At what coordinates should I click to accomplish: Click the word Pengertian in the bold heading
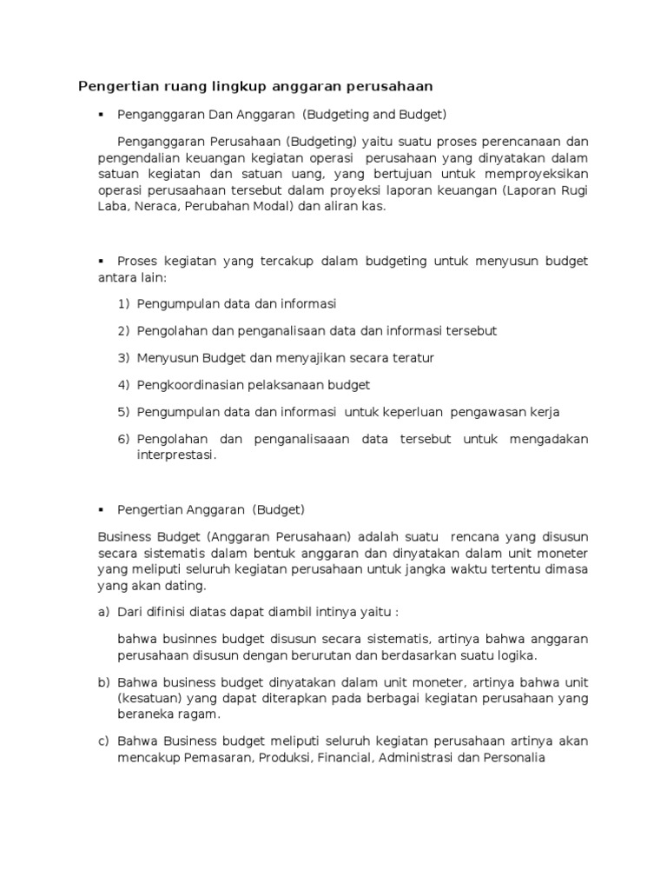(x=113, y=86)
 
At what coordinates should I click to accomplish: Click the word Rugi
(x=574, y=191)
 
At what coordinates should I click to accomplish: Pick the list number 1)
(x=123, y=304)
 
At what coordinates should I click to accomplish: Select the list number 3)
(x=123, y=358)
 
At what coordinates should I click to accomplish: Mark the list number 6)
(x=123, y=439)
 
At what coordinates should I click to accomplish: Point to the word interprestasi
(x=175, y=455)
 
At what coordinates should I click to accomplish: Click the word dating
(x=188, y=587)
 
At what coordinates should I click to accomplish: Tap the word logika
(x=517, y=654)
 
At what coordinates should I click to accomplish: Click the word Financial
(x=340, y=757)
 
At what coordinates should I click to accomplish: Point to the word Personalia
(x=512, y=757)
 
